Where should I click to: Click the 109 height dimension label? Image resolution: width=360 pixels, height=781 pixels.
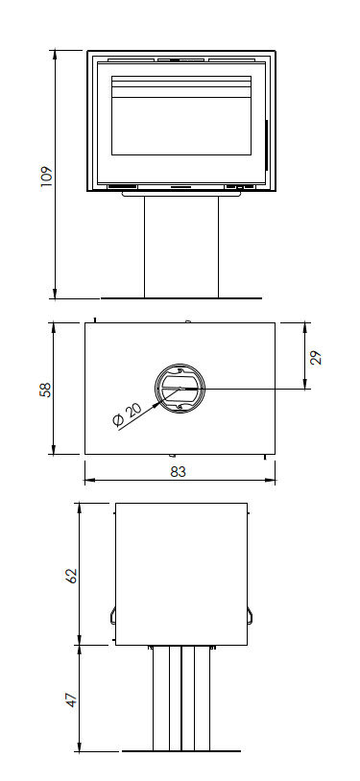point(46,177)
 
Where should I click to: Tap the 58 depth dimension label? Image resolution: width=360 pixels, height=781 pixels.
point(45,389)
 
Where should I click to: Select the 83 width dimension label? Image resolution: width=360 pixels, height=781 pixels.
point(178,472)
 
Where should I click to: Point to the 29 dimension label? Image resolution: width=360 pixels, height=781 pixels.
point(316,358)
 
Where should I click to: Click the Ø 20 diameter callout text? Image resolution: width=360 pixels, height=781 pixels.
point(127,414)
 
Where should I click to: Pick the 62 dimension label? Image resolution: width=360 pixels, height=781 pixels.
point(72,576)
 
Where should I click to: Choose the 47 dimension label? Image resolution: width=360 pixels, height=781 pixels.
point(72,699)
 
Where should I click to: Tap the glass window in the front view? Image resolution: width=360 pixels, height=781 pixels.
point(181,115)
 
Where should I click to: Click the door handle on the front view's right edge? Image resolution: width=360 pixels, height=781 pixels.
point(266,145)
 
